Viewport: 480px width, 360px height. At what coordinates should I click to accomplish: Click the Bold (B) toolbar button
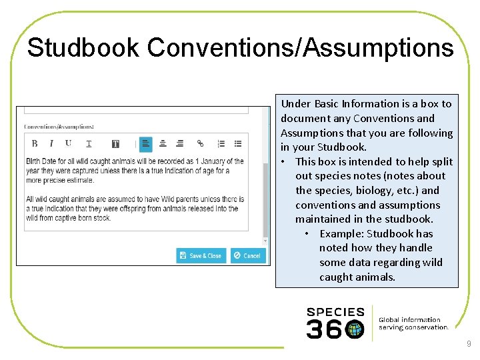coord(35,143)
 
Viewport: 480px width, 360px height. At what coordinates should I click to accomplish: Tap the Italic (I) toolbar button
coord(51,143)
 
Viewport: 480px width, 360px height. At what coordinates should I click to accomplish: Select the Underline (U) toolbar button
coord(68,143)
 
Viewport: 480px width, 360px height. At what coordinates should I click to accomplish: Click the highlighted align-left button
coord(145,143)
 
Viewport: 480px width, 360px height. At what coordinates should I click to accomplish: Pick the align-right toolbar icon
coord(180,143)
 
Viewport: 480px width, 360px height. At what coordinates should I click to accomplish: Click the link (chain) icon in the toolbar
coord(200,143)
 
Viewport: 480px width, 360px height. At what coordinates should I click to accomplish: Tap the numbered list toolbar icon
coord(221,143)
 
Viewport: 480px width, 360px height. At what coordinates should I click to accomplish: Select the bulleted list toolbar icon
coord(238,143)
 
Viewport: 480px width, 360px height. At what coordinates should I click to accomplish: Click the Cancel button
coord(247,255)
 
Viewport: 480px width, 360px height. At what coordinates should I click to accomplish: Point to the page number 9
coord(469,344)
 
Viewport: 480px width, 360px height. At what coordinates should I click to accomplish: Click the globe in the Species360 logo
coord(355,329)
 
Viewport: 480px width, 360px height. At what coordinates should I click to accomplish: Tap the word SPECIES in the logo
coord(335,311)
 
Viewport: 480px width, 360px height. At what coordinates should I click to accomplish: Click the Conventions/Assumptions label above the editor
coord(59,127)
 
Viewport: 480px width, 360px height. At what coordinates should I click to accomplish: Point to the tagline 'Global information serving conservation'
coord(413,323)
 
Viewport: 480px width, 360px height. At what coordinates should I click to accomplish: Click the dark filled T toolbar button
coord(115,143)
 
